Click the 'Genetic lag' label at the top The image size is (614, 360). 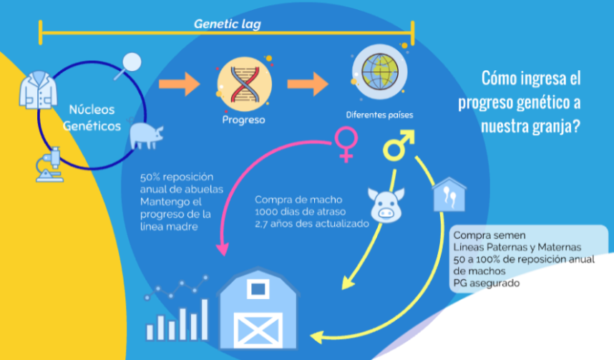click(227, 24)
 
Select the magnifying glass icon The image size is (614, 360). click(130, 66)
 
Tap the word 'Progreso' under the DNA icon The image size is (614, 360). click(243, 120)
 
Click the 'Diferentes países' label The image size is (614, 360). click(379, 115)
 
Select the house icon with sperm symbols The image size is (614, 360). click(449, 194)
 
